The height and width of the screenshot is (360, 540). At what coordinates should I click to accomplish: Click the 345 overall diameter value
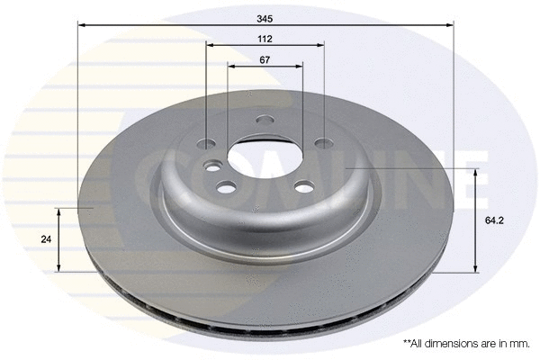point(264,17)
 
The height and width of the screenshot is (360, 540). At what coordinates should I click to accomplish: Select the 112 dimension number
point(264,39)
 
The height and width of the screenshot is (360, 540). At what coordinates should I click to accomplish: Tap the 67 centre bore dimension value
point(264,59)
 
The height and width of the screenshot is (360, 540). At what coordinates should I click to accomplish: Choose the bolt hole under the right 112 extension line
point(322,143)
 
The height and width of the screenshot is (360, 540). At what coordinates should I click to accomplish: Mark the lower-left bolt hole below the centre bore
point(226,186)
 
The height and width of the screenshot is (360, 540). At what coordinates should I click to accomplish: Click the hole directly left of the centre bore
point(213,166)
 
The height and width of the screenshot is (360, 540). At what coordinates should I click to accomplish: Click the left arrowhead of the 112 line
point(210,46)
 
